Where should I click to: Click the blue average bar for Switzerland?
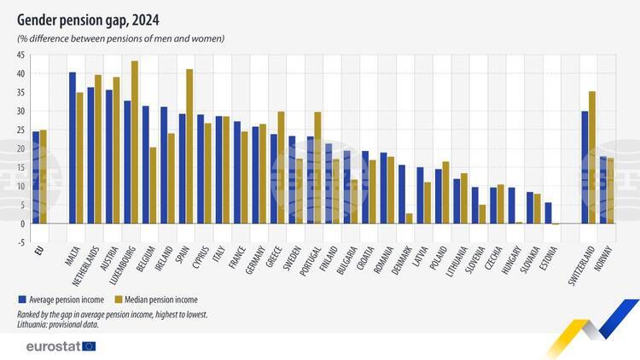coord(585,167)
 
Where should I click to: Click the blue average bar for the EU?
coord(36,177)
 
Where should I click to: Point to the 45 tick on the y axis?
coord(19,55)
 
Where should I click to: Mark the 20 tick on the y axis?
coord(19,148)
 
